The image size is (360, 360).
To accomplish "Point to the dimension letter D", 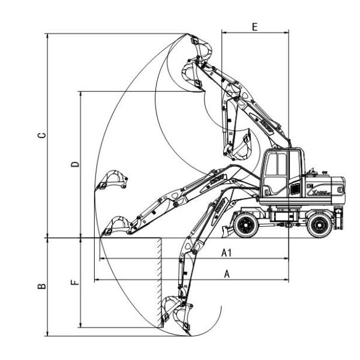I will coord(74,164).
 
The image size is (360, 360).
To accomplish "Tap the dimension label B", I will coord(41,287).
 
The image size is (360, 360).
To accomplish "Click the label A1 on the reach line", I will coord(226,253).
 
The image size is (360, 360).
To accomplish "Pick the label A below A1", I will coord(226,274).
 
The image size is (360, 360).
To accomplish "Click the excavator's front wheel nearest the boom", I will coord(246,225).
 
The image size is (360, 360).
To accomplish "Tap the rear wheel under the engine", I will coord(319,225).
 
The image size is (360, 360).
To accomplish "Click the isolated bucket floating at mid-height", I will coord(112,179).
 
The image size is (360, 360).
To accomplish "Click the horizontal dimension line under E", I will coord(254,32).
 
